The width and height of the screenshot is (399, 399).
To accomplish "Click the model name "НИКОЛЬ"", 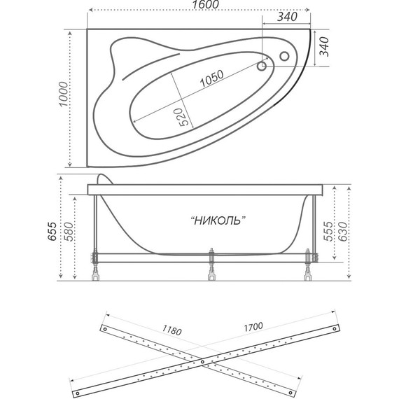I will pyautogui.click(x=218, y=220).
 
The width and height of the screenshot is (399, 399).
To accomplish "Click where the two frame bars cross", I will pyautogui.click(x=202, y=362).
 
